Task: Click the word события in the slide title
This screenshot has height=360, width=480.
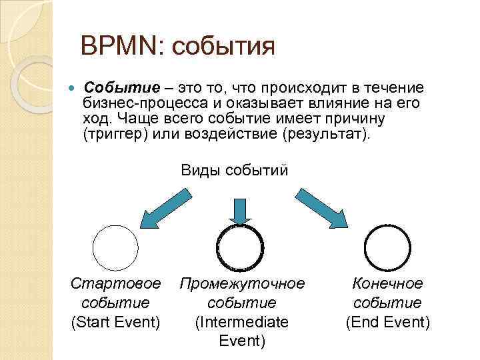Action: click(223, 48)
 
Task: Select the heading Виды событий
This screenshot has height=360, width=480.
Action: click(235, 170)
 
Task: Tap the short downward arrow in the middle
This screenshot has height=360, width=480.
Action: click(240, 210)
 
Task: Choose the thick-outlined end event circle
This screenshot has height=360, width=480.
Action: click(387, 247)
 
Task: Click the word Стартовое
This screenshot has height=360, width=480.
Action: click(116, 284)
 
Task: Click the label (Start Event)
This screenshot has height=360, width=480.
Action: click(116, 323)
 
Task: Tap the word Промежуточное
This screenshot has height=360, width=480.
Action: click(242, 284)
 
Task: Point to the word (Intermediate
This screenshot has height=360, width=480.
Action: click(241, 323)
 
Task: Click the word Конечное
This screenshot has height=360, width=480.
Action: click(387, 284)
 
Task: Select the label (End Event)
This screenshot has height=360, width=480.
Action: click(387, 323)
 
